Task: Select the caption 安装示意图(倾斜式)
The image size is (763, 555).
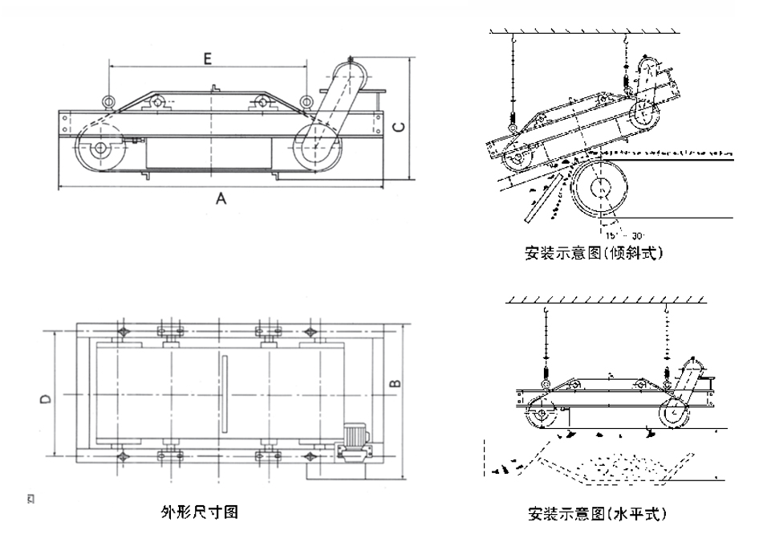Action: pyautogui.click(x=595, y=254)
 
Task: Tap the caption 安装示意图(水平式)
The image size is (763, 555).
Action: pyautogui.click(x=597, y=512)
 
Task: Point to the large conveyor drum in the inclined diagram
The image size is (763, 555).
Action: pyautogui.click(x=600, y=188)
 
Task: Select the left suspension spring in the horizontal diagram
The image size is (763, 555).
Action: pyautogui.click(x=544, y=370)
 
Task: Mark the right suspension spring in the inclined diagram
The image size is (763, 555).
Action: pyautogui.click(x=627, y=81)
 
